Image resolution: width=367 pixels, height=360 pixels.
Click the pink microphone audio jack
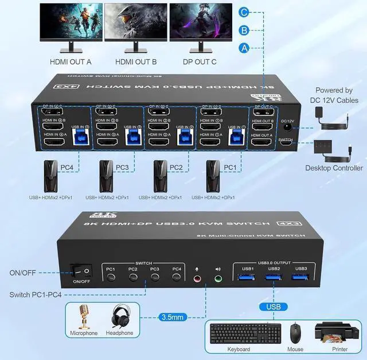tap(198, 280)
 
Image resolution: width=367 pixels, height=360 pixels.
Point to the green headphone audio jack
tap(218, 280)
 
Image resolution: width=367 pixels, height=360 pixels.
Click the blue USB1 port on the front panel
tap(248, 278)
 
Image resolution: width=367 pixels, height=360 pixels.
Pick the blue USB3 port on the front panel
tap(300, 278)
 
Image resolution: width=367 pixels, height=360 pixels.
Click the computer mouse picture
tap(295, 332)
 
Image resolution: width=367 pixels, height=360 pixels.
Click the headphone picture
tap(119, 317)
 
